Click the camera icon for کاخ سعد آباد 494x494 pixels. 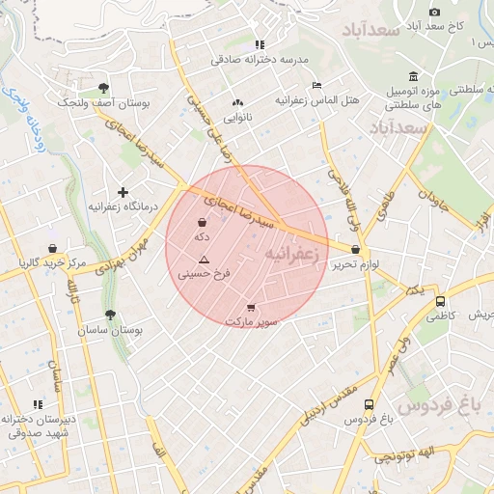434,12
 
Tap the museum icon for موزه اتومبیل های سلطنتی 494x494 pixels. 413,77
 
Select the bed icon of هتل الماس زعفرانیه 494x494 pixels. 317,85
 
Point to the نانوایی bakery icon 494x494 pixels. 237,101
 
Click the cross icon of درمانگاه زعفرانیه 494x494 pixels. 123,193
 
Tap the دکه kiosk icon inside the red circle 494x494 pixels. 201,222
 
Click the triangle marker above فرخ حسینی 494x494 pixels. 203,260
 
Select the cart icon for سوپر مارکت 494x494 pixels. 252,307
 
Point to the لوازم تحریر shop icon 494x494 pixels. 356,250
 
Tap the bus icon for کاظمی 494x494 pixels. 441,301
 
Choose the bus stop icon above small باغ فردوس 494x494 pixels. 370,405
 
